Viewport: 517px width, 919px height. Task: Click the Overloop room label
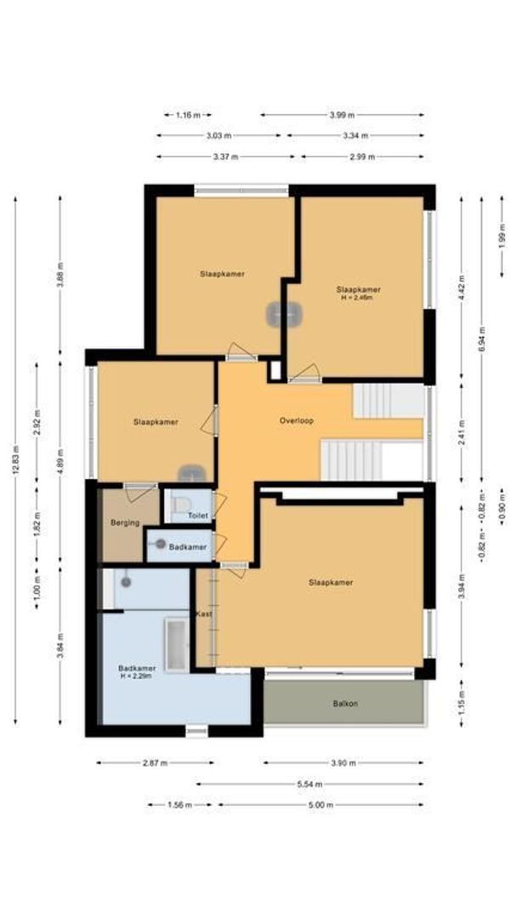click(x=298, y=421)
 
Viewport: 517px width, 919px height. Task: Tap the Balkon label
click(x=344, y=704)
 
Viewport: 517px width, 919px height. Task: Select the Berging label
click(x=124, y=522)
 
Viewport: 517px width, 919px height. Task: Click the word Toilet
click(x=198, y=516)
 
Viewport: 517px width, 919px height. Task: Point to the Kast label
click(x=204, y=614)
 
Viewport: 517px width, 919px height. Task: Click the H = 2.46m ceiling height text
click(x=357, y=299)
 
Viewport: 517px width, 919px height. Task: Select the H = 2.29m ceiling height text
click(x=135, y=677)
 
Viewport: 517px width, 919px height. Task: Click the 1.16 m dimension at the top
click(x=188, y=114)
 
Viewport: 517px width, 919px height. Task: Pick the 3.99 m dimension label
click(x=343, y=114)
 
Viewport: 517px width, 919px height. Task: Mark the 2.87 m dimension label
click(x=156, y=762)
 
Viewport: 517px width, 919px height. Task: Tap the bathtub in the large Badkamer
click(x=177, y=644)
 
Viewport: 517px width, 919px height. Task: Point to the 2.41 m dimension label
click(x=462, y=432)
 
